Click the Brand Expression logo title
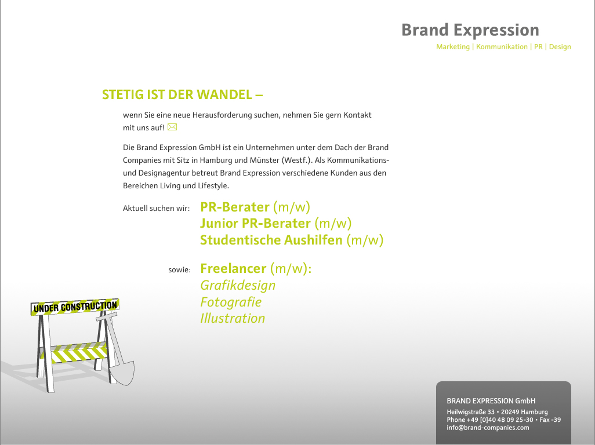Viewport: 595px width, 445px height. coord(470,30)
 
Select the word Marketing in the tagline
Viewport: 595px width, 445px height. coord(453,46)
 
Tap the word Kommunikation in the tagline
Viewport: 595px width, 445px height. coord(502,46)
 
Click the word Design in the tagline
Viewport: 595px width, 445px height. coord(560,46)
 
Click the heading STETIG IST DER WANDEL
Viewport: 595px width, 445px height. coord(182,94)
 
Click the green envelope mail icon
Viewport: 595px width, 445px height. coord(172,127)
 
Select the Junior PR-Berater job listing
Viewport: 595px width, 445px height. coord(276,223)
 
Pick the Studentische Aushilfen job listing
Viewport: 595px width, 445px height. coord(292,240)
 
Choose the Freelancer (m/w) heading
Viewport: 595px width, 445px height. coord(256,268)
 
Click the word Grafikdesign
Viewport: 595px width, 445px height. coord(238,285)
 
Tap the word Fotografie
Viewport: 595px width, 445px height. coord(231,302)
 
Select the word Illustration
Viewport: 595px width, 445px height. coord(233,319)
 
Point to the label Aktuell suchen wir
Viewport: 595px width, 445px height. coord(157,208)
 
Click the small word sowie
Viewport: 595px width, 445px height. coord(180,270)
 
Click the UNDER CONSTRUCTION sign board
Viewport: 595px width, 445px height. coord(75,307)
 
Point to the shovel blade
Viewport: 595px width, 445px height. coord(122,373)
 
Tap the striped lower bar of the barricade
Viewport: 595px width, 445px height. coord(78,352)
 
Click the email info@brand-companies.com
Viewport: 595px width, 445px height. coord(488,428)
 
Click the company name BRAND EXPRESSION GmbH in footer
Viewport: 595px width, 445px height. coord(491,401)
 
